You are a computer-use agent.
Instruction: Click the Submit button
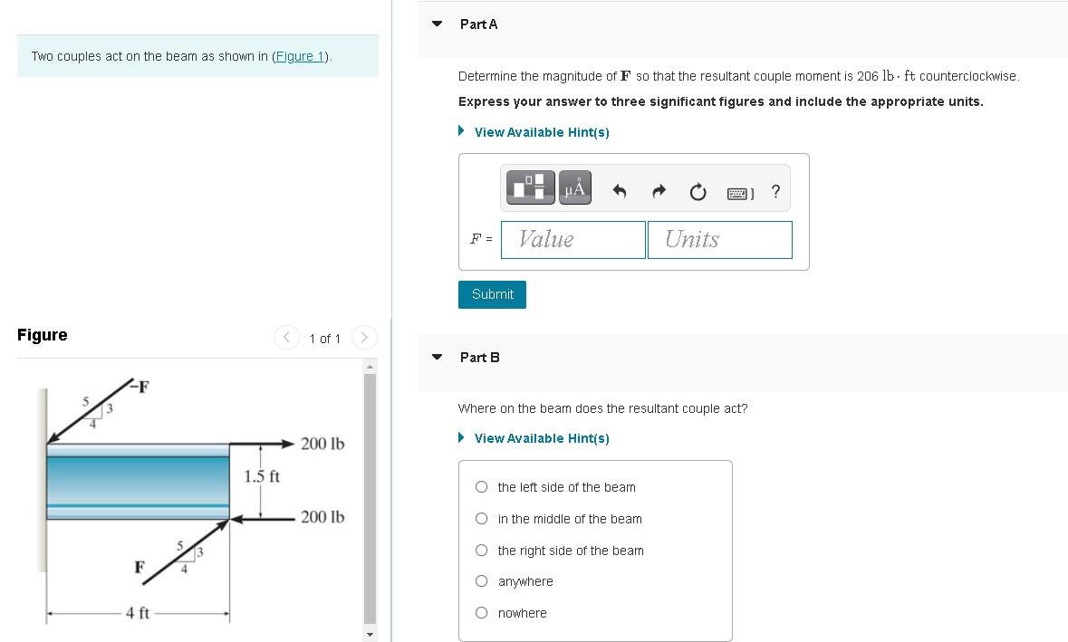coord(492,294)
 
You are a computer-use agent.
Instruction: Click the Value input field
coord(572,239)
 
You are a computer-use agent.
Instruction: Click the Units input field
coord(719,239)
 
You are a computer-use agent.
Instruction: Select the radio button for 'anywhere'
coord(482,581)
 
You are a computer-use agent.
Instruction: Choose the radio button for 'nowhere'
coord(482,613)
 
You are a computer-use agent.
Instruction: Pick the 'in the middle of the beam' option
coord(482,519)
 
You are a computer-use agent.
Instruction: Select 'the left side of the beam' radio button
coord(482,487)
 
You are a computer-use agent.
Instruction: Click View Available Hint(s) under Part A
coord(541,132)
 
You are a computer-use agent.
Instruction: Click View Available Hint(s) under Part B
coord(541,438)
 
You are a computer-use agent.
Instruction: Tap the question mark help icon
coord(775,191)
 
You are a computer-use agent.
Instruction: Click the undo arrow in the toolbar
coord(620,191)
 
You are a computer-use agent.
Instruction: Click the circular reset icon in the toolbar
coord(698,191)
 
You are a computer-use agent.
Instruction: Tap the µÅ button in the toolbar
coord(574,187)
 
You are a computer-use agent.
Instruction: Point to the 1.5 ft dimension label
coord(262,476)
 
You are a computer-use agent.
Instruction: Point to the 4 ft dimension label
coord(138,613)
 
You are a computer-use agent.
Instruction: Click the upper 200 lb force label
coord(322,444)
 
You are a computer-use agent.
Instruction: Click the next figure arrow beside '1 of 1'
coord(363,338)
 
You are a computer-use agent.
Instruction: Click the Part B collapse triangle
coord(438,357)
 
